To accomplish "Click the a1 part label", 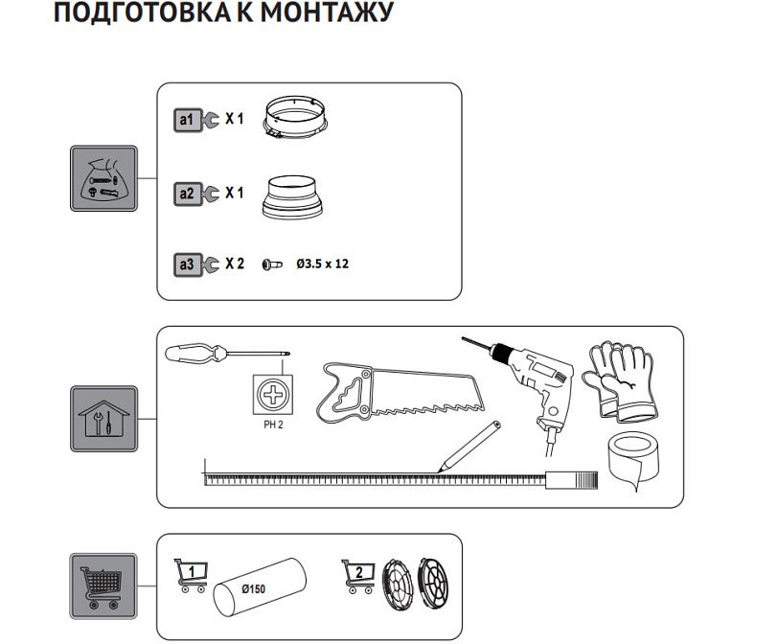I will (x=187, y=120).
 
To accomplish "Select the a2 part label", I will (x=187, y=194).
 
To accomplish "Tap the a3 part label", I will (x=187, y=264).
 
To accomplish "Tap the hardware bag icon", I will (x=104, y=178).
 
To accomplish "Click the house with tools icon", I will (x=104, y=419).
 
